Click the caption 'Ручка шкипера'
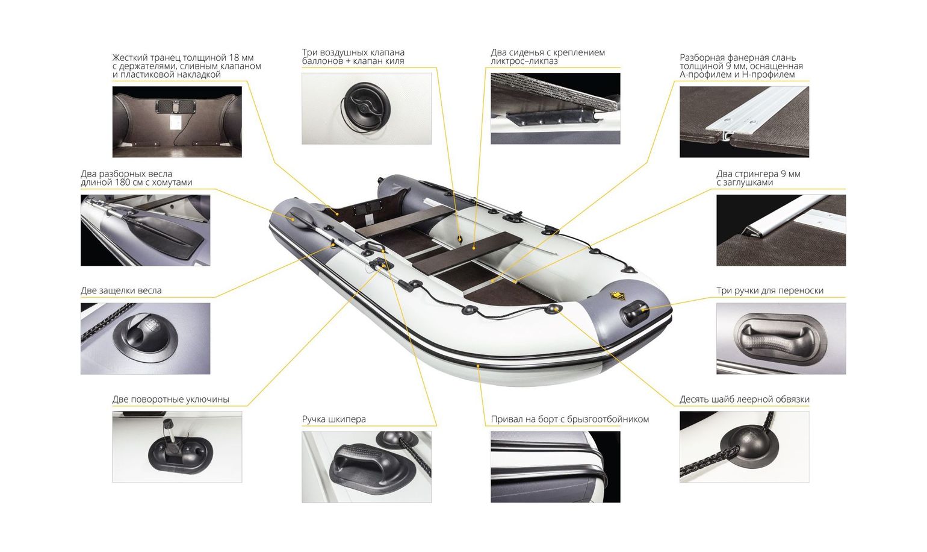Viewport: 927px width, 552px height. point(333,419)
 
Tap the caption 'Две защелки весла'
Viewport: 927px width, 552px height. point(121,290)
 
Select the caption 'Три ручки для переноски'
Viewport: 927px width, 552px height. point(770,290)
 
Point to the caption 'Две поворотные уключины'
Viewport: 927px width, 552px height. point(170,400)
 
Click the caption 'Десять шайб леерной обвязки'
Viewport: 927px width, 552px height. point(744,400)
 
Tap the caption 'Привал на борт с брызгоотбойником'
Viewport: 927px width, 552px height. point(570,419)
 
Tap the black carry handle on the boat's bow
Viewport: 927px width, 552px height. point(634,313)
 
